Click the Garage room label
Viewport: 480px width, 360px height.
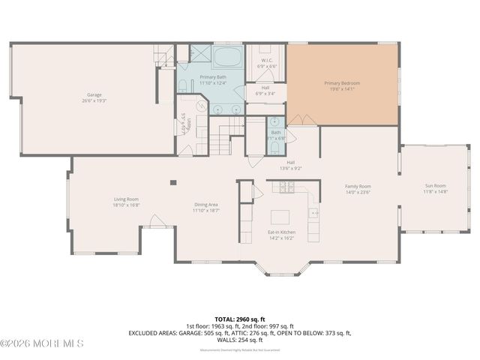coord(94,94)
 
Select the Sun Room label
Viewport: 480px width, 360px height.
coord(435,185)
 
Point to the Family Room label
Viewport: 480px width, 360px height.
coord(358,186)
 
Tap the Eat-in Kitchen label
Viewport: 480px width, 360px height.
coord(282,232)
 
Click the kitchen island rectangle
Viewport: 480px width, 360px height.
coord(280,217)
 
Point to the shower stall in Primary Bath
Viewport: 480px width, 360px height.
coord(200,55)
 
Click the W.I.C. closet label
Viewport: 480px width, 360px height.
coord(266,60)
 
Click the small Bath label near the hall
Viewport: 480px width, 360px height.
coord(277,132)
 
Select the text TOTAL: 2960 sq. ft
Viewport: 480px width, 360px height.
coord(239,319)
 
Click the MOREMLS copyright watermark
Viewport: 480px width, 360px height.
coord(42,343)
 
